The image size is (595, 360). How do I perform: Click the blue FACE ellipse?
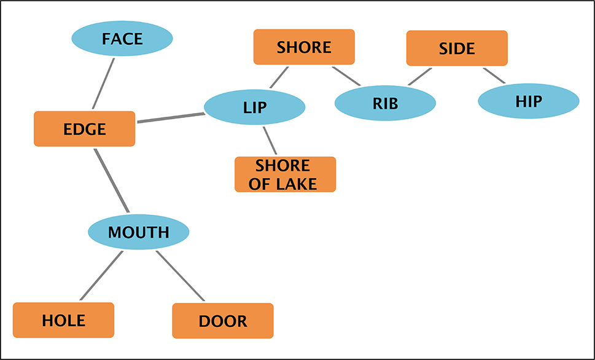[x=122, y=39]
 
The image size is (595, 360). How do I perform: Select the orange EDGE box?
[x=84, y=129]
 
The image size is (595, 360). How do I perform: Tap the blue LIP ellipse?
[x=254, y=108]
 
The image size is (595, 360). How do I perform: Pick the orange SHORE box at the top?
[x=304, y=47]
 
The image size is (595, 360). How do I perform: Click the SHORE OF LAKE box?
[x=285, y=174]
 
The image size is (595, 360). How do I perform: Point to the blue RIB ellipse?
[x=385, y=103]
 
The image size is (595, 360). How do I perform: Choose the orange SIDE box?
[x=457, y=48]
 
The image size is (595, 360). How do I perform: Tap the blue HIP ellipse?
[x=528, y=101]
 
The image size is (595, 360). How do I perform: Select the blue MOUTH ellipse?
[x=138, y=232]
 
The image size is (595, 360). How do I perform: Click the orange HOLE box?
[x=63, y=320]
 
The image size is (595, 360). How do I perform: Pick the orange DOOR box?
[x=222, y=321]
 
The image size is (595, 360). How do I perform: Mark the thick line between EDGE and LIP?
[x=170, y=118]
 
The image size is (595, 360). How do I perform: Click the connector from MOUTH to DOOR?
[x=180, y=276]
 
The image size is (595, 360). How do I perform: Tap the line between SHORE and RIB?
[x=346, y=76]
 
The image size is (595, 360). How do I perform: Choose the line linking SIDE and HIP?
[x=494, y=76]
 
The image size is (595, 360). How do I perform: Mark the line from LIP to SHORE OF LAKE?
[x=270, y=141]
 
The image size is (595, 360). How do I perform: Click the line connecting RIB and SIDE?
[x=421, y=76]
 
